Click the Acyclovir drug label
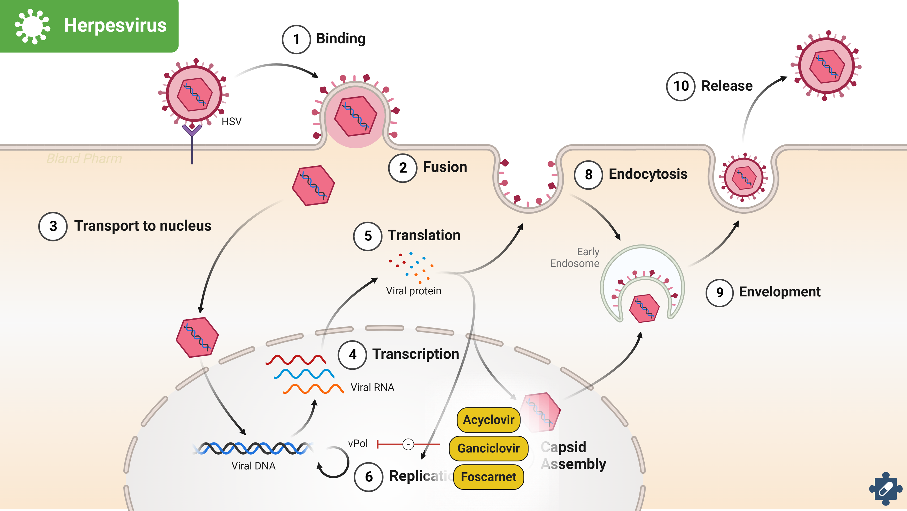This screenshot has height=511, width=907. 488,420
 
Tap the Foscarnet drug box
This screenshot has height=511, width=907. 488,477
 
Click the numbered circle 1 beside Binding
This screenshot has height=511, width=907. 296,39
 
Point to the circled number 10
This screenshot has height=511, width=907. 680,86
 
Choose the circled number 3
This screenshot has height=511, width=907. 53,226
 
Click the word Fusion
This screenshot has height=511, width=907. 445,167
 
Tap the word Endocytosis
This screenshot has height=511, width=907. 648,174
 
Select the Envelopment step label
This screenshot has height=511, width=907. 779,292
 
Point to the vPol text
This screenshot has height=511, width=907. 358,443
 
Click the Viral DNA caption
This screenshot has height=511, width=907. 253,466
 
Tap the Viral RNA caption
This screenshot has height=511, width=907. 372,388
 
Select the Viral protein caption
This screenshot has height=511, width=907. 413,291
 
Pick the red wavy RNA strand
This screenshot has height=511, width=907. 296,360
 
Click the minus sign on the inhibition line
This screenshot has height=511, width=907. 408,444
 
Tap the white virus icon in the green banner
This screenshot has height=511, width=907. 32,26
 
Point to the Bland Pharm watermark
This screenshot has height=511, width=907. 84,159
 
